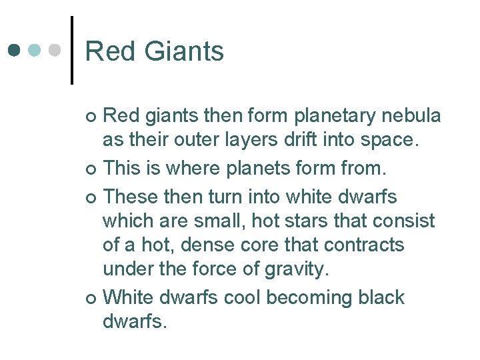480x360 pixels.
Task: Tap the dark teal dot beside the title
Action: (15, 51)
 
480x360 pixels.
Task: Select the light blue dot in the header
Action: (36, 51)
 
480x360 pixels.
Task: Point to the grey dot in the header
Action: (56, 51)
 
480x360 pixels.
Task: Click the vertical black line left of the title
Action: (71, 50)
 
